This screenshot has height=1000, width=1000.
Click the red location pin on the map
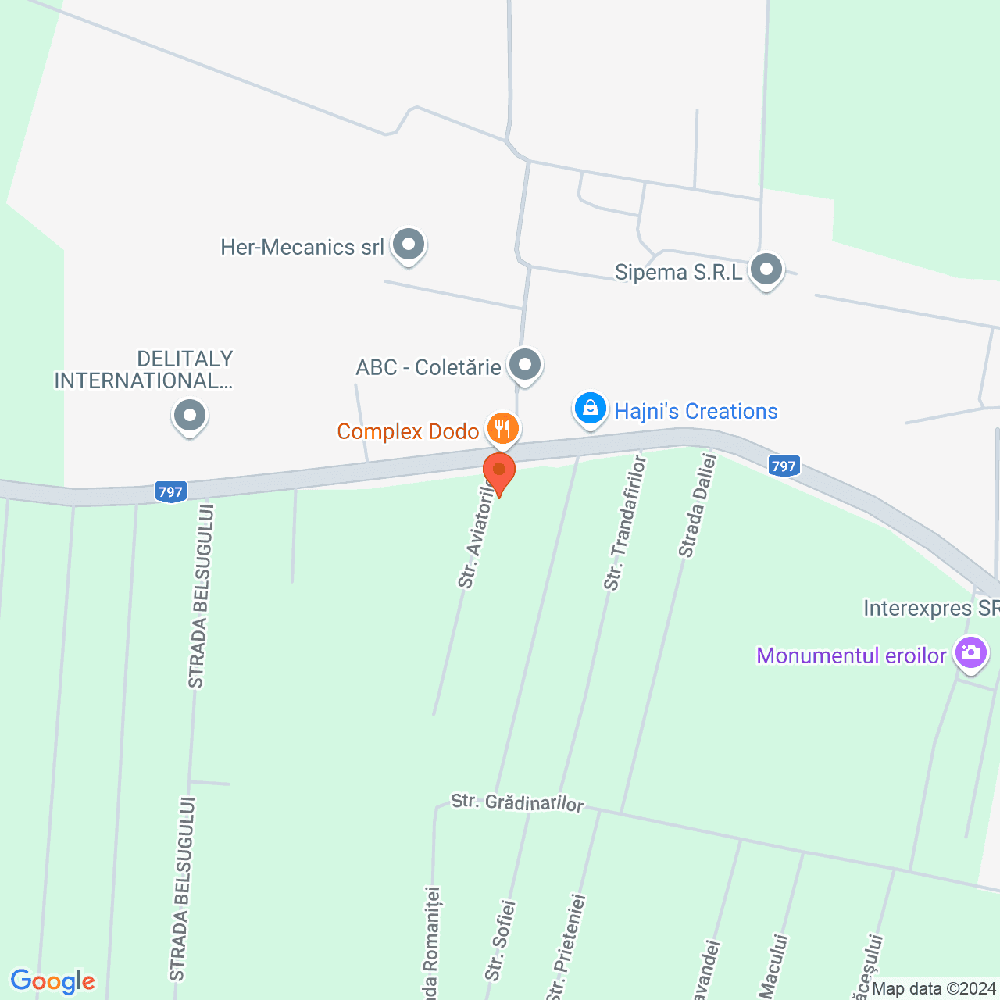tap(499, 472)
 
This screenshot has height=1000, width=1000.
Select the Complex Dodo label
tap(408, 431)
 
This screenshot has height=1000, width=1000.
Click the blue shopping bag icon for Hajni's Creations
tap(591, 408)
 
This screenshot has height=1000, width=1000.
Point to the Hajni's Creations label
tap(695, 412)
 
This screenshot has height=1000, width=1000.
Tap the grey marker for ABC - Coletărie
tap(525, 365)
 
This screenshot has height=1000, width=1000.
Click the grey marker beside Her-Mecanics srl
tap(408, 245)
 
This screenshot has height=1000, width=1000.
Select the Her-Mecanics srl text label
tap(302, 248)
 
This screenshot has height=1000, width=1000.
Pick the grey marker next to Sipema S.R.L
tap(766, 270)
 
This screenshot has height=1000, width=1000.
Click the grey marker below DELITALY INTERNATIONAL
tap(189, 415)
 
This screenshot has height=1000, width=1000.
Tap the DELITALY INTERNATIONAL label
tap(145, 370)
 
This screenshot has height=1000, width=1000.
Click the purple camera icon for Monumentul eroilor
tap(971, 652)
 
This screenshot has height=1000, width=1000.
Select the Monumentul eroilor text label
tap(852, 655)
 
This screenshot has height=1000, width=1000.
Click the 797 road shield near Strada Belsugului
tap(170, 492)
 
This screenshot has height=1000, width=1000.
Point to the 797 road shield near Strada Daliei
tap(783, 466)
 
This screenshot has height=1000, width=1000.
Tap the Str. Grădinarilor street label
tap(517, 802)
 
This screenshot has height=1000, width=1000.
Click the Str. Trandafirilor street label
tap(625, 523)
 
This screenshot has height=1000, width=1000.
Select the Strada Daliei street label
tap(698, 506)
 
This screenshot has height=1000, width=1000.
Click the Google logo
tap(52, 981)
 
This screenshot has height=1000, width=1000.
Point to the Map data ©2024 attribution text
tap(934, 989)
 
